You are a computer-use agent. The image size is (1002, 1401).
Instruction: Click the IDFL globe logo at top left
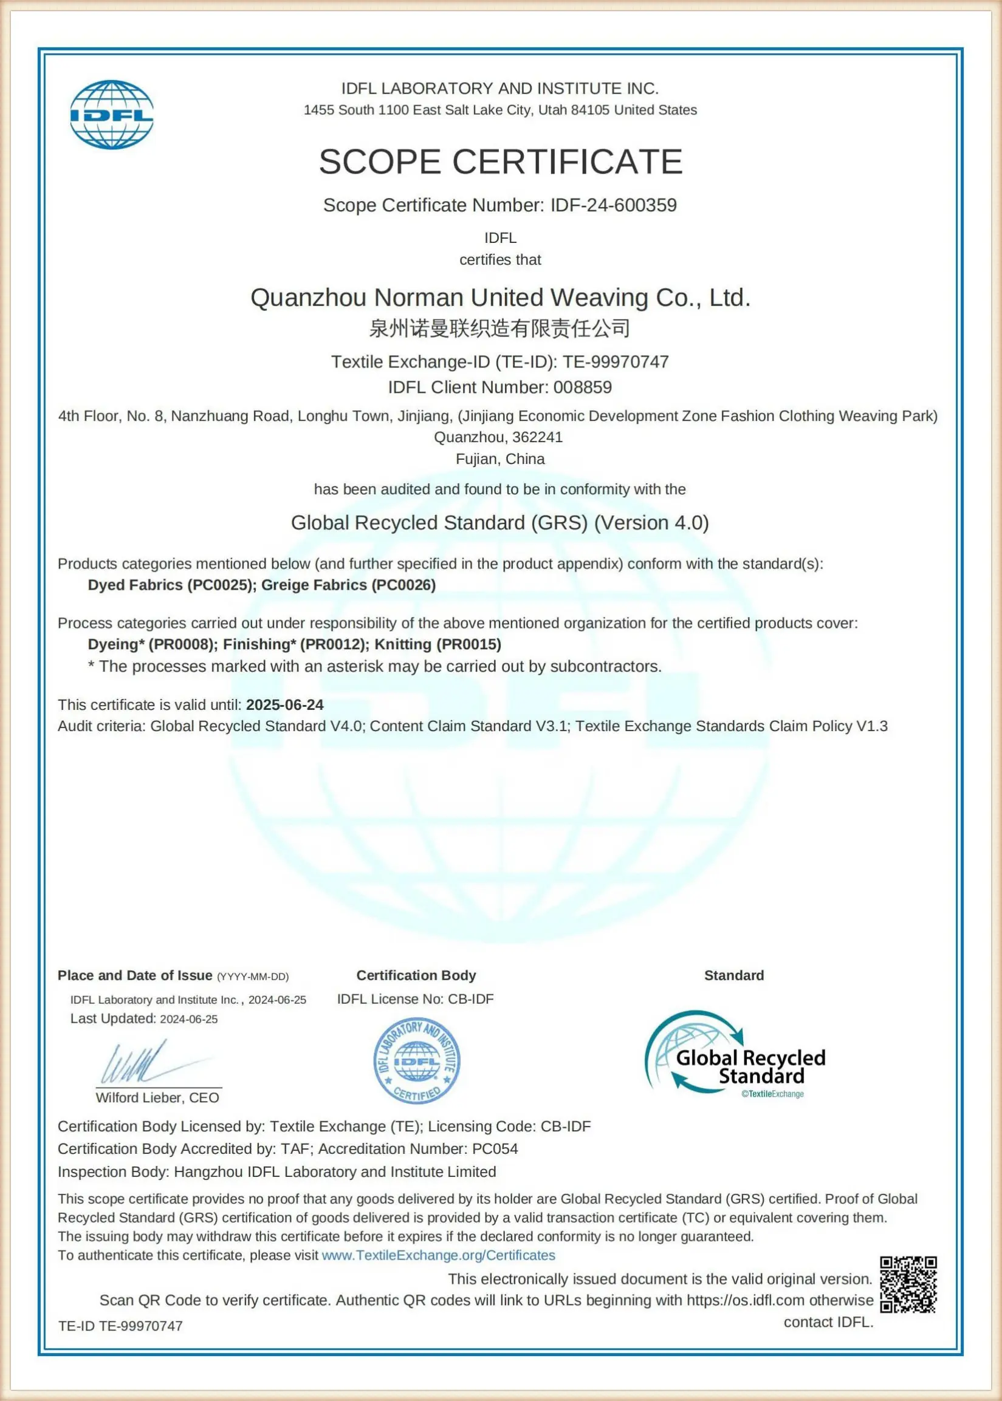click(112, 114)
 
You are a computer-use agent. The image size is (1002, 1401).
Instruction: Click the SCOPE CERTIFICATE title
click(500, 162)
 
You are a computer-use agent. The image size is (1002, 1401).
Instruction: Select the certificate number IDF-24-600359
click(613, 205)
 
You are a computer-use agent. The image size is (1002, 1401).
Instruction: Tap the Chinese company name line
click(499, 329)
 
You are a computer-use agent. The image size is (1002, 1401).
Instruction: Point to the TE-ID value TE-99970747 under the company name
click(615, 362)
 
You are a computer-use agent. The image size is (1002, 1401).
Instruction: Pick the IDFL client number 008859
click(583, 387)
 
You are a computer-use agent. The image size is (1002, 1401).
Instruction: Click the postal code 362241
click(537, 437)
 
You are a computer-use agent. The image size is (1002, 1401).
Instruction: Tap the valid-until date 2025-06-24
click(284, 705)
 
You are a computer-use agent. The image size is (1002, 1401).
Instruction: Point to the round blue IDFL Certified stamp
click(417, 1060)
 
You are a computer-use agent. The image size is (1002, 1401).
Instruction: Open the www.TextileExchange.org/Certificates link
click(438, 1255)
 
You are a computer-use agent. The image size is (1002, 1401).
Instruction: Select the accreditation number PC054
click(495, 1149)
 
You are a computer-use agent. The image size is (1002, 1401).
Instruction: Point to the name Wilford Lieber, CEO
click(157, 1097)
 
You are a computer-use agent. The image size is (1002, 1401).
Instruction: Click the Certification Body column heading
click(416, 975)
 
